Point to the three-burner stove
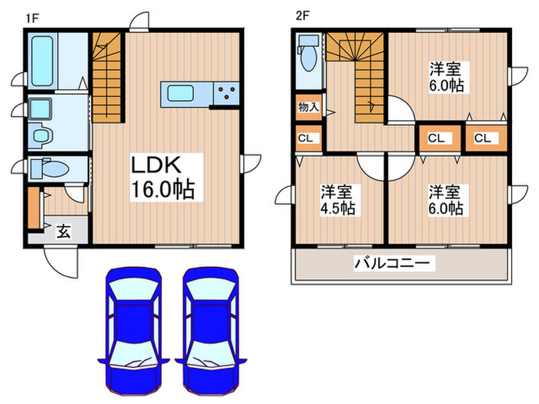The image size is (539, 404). pyautogui.click(x=227, y=94)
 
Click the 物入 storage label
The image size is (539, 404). pyautogui.click(x=308, y=107)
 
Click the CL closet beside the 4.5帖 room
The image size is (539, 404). pyautogui.click(x=306, y=139)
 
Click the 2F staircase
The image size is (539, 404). pyautogui.click(x=355, y=77)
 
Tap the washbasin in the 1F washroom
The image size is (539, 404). pyautogui.click(x=38, y=112)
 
